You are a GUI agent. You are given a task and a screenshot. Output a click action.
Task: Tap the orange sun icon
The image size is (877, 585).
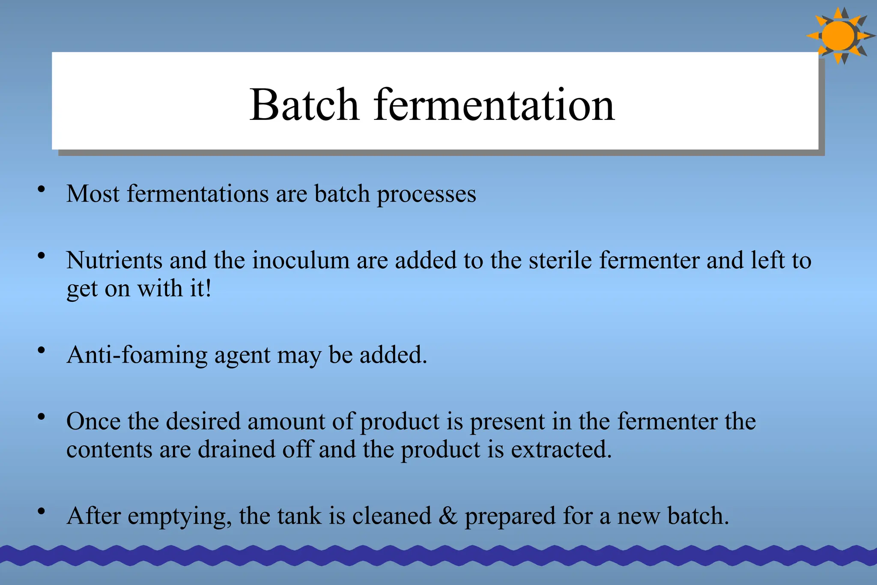click(x=838, y=36)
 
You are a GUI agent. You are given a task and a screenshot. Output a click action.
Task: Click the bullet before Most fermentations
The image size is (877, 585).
click(x=41, y=189)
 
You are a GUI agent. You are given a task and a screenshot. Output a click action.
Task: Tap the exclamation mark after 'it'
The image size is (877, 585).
click(x=208, y=288)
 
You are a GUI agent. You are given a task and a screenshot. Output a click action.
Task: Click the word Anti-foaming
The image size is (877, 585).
click(x=137, y=355)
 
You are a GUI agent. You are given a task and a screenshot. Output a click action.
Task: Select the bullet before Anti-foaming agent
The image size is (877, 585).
click(x=41, y=350)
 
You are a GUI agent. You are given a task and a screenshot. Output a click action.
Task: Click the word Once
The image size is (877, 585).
click(x=93, y=421)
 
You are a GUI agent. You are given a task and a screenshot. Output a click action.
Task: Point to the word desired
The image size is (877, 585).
click(x=203, y=421)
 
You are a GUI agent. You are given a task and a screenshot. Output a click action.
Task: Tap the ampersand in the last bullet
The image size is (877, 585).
click(x=448, y=516)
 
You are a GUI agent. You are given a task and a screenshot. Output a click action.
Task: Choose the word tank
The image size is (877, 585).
click(x=299, y=516)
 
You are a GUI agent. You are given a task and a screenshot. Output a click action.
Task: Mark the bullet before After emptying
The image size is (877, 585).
click(x=41, y=511)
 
